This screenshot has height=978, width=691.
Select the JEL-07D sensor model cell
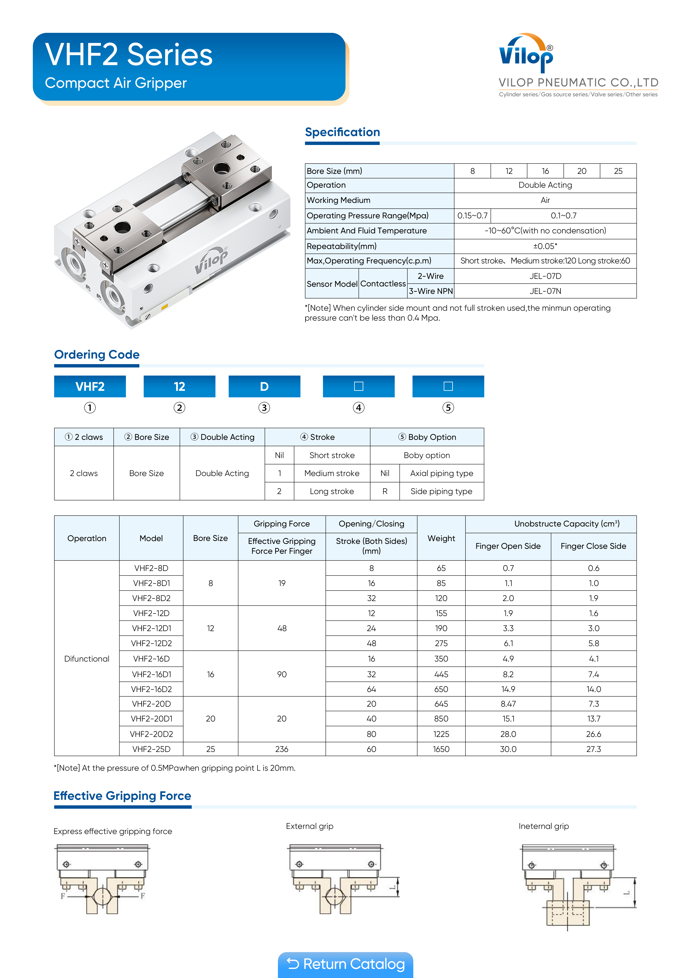[545, 276]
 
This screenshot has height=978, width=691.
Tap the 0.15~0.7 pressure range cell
[472, 216]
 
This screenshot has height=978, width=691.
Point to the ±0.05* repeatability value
[545, 246]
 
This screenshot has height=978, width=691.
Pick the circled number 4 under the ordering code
[359, 408]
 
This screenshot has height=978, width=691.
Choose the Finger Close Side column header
[593, 546]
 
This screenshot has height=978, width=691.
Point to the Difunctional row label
[87, 659]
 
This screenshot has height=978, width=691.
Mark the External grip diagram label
[310, 826]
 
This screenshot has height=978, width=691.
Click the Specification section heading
[342, 132]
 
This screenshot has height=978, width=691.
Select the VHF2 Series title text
[129, 55]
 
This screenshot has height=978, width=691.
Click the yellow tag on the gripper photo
[164, 306]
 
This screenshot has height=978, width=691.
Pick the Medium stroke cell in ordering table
[332, 473]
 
